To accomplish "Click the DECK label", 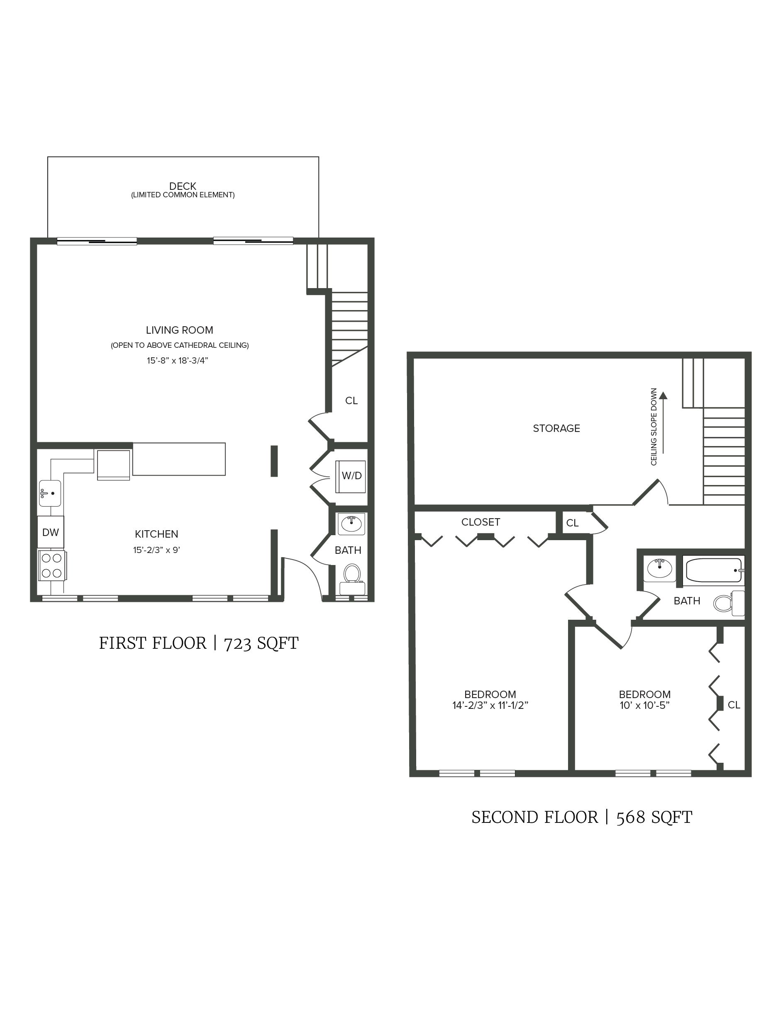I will point(183,186).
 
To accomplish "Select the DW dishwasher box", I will point(51,532).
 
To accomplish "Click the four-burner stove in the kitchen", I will point(51,565).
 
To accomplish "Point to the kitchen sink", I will point(50,493).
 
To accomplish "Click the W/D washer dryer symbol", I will point(351,476).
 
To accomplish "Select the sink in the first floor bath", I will point(351,524).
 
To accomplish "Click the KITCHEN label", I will point(156,534).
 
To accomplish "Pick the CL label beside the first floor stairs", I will point(351,400).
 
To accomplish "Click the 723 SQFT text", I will point(261,643).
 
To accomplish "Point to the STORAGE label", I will point(556,428).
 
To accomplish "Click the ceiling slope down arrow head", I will point(663,395).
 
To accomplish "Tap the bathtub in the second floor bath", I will point(713,570).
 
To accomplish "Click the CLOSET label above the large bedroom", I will point(480,522).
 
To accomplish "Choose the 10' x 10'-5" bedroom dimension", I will point(644,706).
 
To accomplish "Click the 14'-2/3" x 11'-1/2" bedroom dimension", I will point(490,706).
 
